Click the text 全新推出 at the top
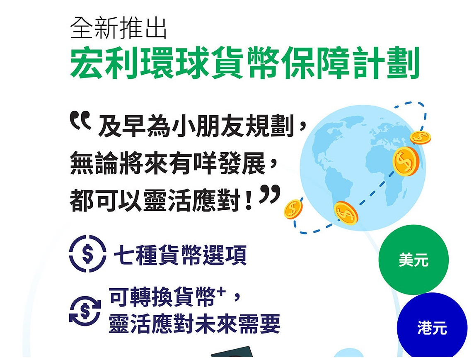click(x=118, y=28)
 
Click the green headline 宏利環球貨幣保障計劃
click(x=244, y=63)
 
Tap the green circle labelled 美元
click(x=414, y=260)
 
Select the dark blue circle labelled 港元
click(x=432, y=327)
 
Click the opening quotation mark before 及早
click(x=80, y=120)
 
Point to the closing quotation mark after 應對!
click(x=270, y=194)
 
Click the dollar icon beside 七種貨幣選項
click(x=88, y=253)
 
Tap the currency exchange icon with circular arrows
click(x=85, y=311)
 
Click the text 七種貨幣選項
click(x=180, y=255)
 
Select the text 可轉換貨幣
click(x=162, y=297)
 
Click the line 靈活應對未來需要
click(x=194, y=324)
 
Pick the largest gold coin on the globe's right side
click(x=406, y=161)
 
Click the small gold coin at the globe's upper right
click(x=420, y=138)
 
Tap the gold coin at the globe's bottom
click(x=346, y=213)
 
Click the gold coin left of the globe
click(x=293, y=209)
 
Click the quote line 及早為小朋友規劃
click(x=196, y=126)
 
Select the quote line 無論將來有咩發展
click(x=168, y=163)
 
